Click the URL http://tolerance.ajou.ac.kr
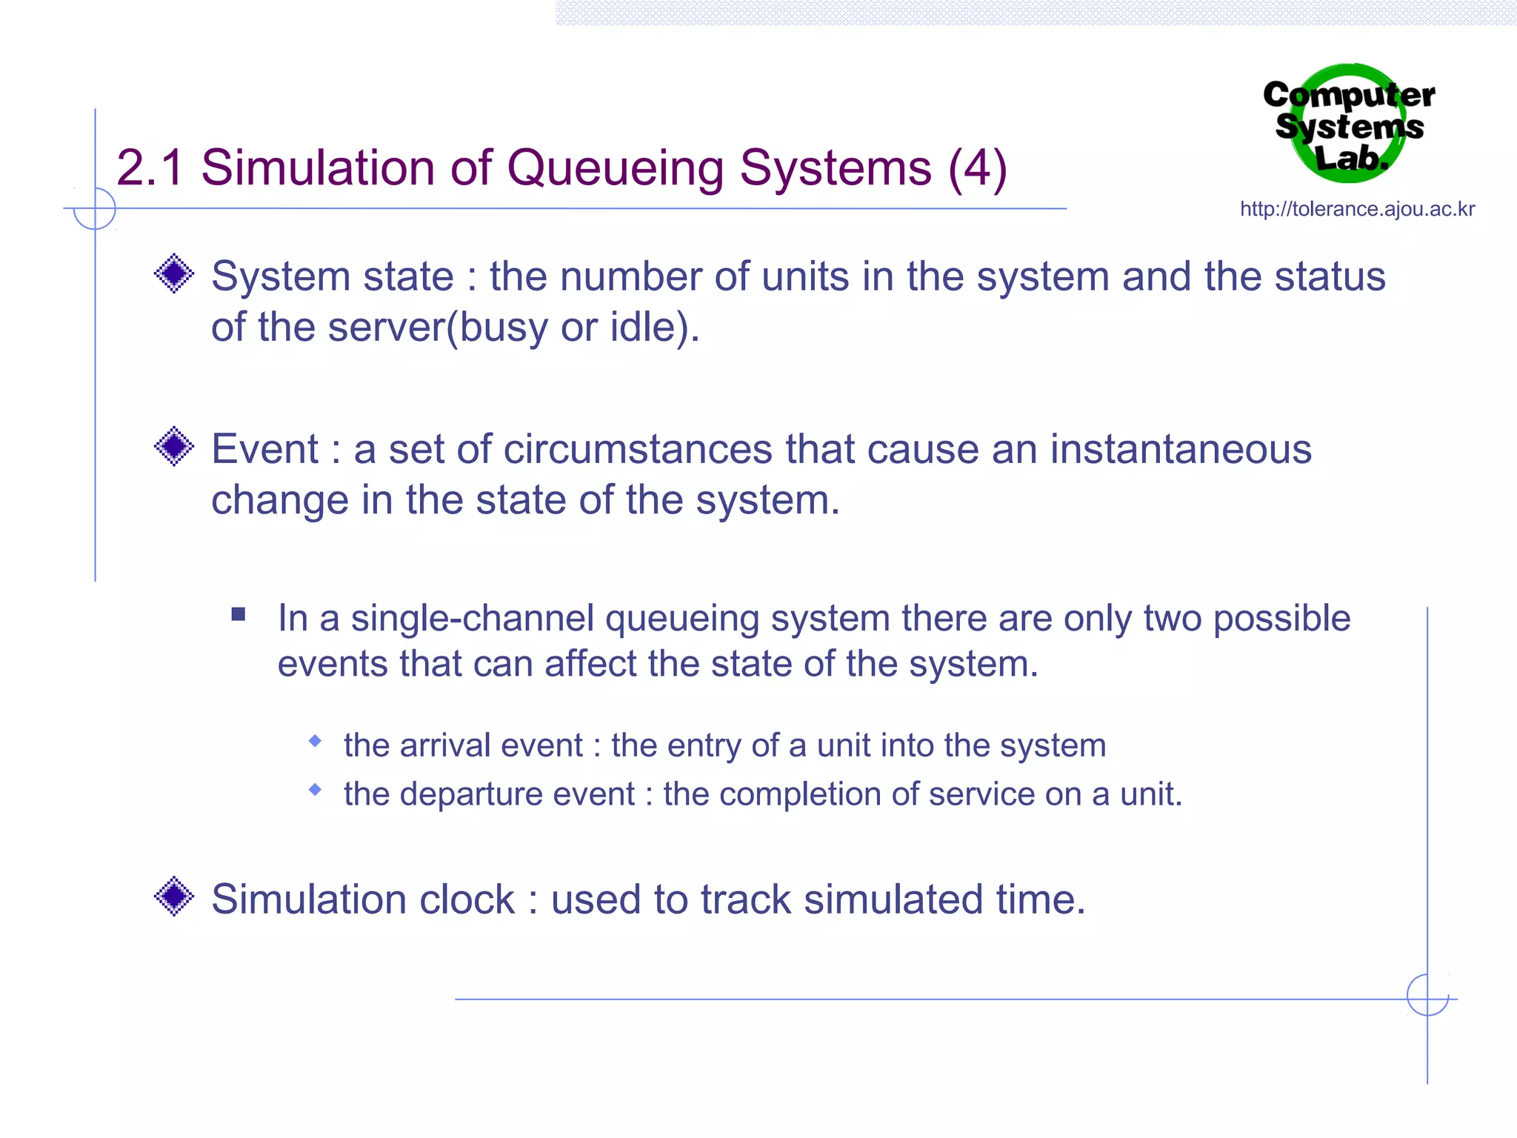point(1357,209)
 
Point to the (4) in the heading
point(977,169)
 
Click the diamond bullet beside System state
point(174,273)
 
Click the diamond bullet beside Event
point(174,446)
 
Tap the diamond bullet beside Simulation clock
point(174,896)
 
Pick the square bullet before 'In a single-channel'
point(238,614)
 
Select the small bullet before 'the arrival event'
point(316,741)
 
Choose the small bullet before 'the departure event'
point(316,790)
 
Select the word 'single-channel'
point(472,618)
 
